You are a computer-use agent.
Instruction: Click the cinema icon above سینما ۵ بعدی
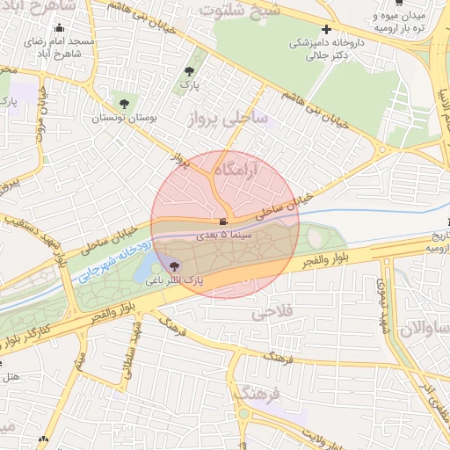(224, 221)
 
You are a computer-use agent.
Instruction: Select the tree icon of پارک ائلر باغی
(174, 265)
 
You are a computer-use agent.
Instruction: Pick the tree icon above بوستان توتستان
(123, 101)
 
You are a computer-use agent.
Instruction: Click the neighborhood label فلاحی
(270, 312)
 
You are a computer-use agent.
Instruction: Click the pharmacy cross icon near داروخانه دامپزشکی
(326, 29)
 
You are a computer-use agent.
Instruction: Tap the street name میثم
(80, 360)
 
